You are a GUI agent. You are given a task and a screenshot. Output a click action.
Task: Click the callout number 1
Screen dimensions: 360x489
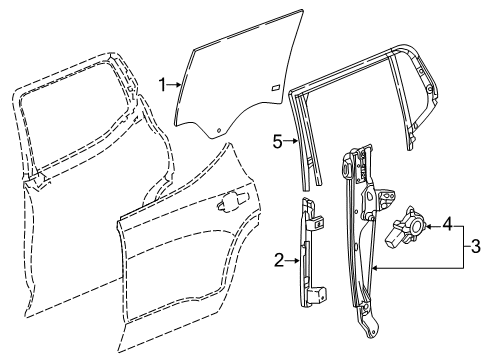click(162, 85)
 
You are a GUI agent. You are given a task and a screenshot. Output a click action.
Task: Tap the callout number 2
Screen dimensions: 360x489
click(280, 262)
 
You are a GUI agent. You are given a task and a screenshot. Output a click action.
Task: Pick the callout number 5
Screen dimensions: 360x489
click(280, 141)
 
